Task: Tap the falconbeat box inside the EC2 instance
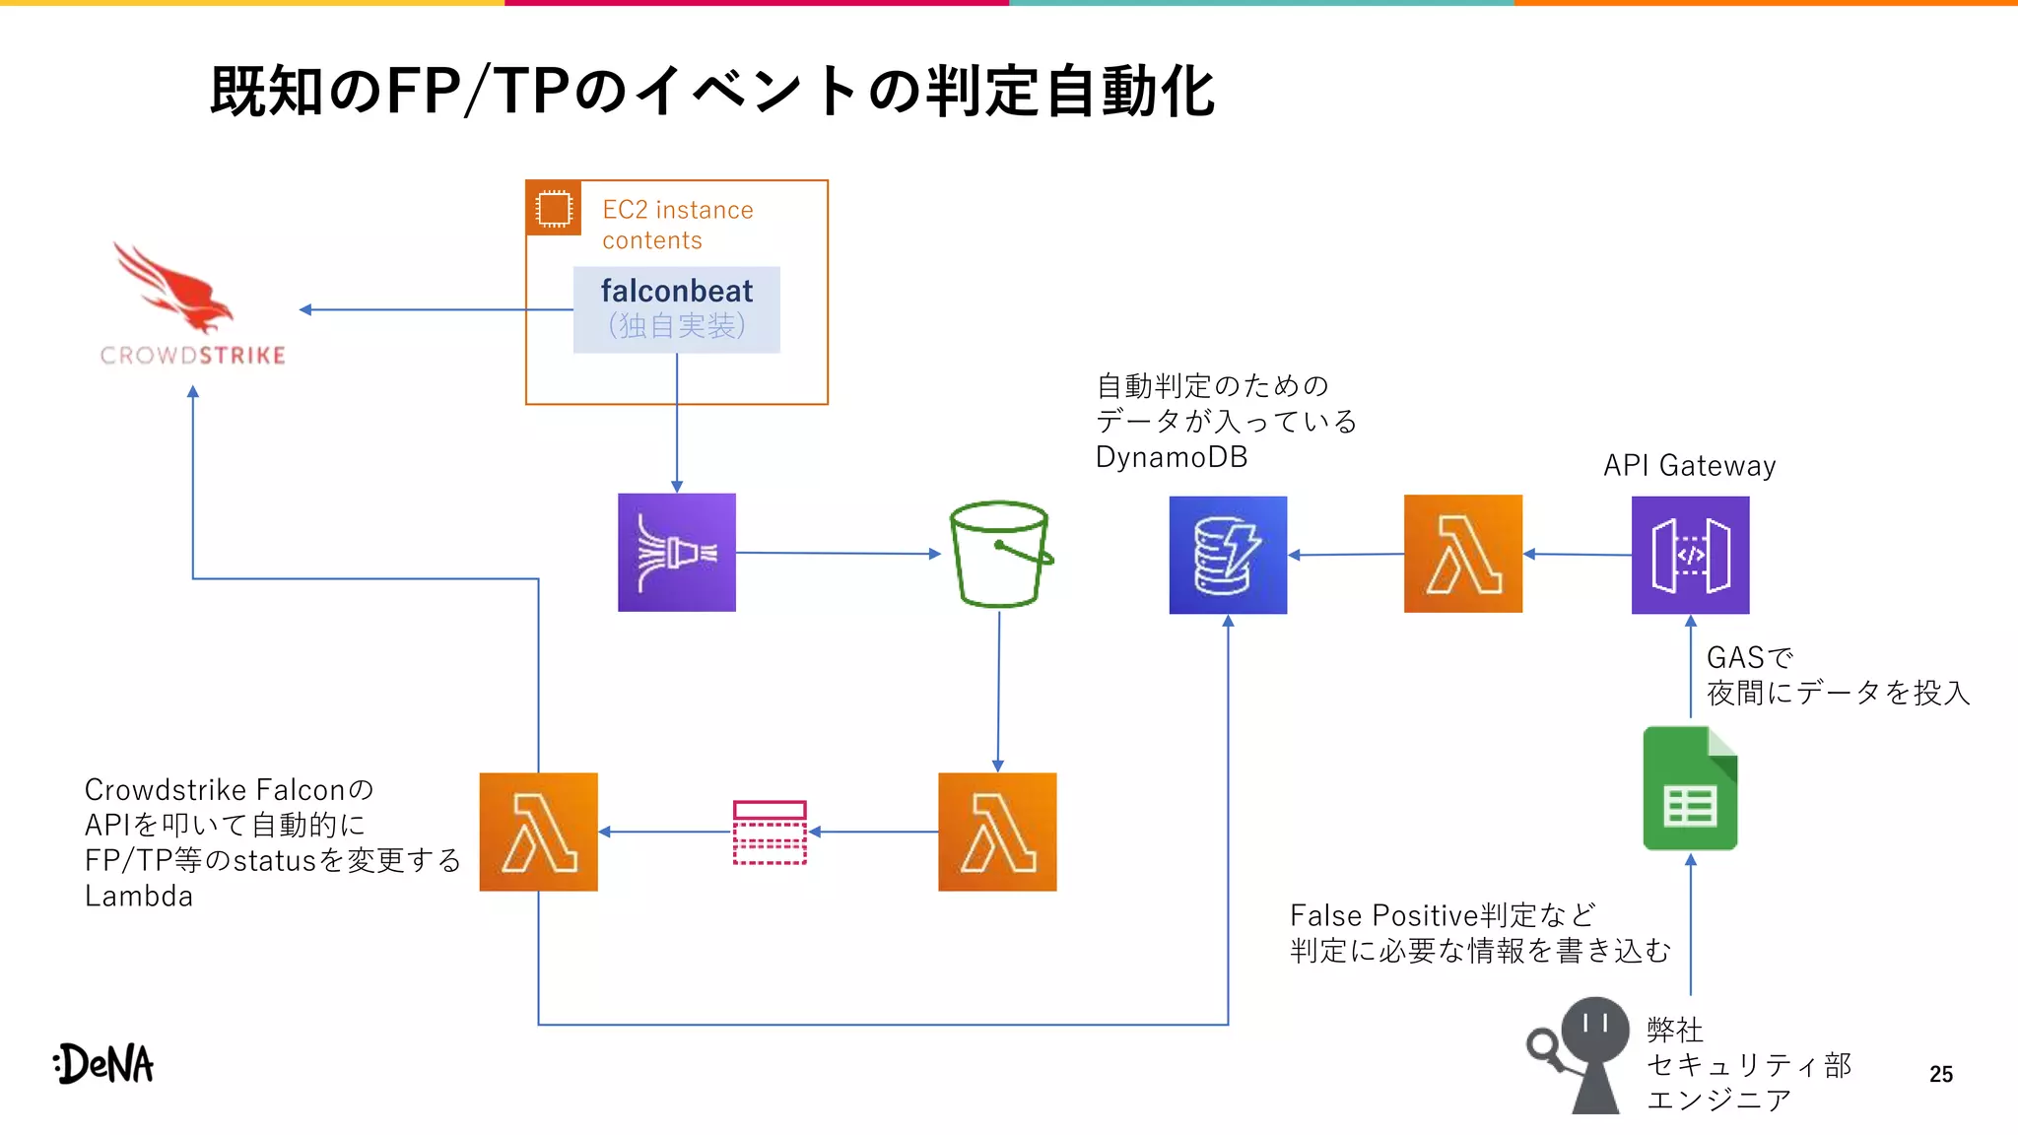click(x=677, y=309)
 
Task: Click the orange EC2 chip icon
click(x=554, y=208)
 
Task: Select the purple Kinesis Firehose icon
click(x=677, y=553)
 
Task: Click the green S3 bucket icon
click(x=999, y=554)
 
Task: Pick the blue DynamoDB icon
click(x=1228, y=555)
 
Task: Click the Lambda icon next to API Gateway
click(x=1463, y=554)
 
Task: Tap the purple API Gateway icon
click(x=1690, y=555)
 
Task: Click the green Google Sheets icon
click(x=1690, y=788)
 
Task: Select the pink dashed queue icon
click(x=770, y=833)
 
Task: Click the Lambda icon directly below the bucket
click(x=997, y=833)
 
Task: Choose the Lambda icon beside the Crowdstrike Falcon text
click(x=539, y=833)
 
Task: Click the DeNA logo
click(x=104, y=1064)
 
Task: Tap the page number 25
click(x=1940, y=1074)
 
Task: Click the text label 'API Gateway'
click(x=1689, y=465)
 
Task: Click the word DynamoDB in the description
click(x=1172, y=457)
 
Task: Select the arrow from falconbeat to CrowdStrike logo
click(x=434, y=309)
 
